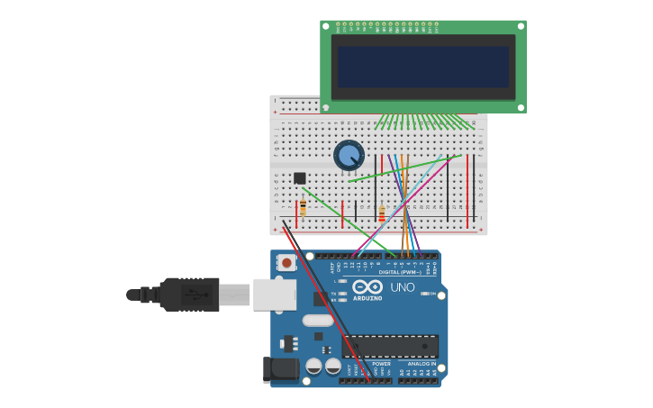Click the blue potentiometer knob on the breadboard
click(349, 155)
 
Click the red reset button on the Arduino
click(286, 263)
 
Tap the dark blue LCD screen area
click(422, 67)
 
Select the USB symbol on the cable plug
click(193, 294)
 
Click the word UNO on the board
click(402, 287)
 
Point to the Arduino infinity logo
click(367, 286)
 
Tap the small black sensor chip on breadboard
click(300, 177)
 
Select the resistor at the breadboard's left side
click(303, 208)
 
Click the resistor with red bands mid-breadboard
click(382, 214)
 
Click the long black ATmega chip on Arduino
click(390, 346)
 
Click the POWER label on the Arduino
click(382, 364)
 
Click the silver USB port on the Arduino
click(274, 294)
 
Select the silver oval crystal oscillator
click(318, 320)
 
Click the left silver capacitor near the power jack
click(313, 366)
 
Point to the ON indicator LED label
click(433, 294)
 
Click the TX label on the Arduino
click(334, 294)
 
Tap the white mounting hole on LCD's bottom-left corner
click(326, 107)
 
